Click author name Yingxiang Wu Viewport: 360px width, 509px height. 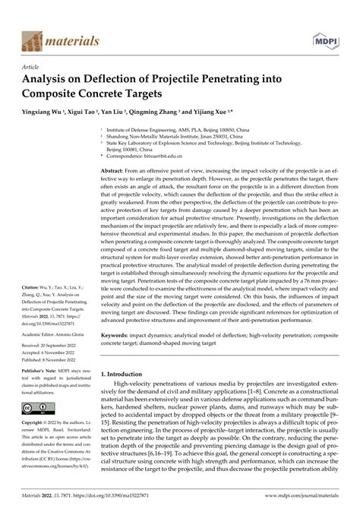tap(44, 110)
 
